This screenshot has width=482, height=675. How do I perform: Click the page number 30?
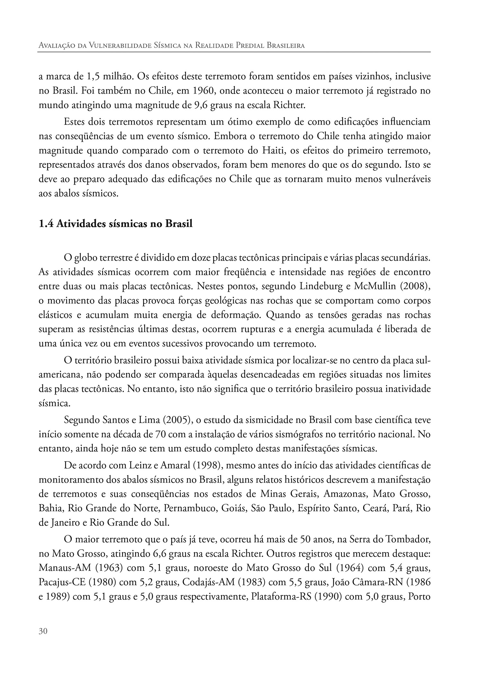click(43, 631)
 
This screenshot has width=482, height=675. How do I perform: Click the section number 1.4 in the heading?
click(46, 223)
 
